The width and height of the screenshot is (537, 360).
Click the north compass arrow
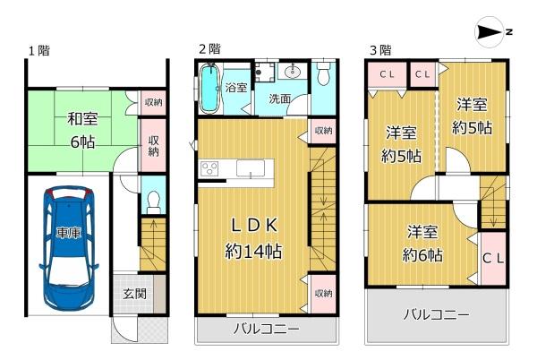[492, 32]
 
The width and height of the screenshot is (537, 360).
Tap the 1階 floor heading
[37, 51]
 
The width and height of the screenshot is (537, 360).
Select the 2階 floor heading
[209, 49]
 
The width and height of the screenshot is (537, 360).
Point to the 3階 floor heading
[379, 49]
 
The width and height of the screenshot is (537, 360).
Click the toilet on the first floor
[153, 197]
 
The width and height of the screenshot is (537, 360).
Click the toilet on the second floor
[324, 75]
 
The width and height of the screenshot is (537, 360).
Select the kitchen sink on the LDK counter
[250, 168]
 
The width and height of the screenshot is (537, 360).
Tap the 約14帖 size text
[252, 252]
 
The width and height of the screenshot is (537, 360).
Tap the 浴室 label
[236, 88]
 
